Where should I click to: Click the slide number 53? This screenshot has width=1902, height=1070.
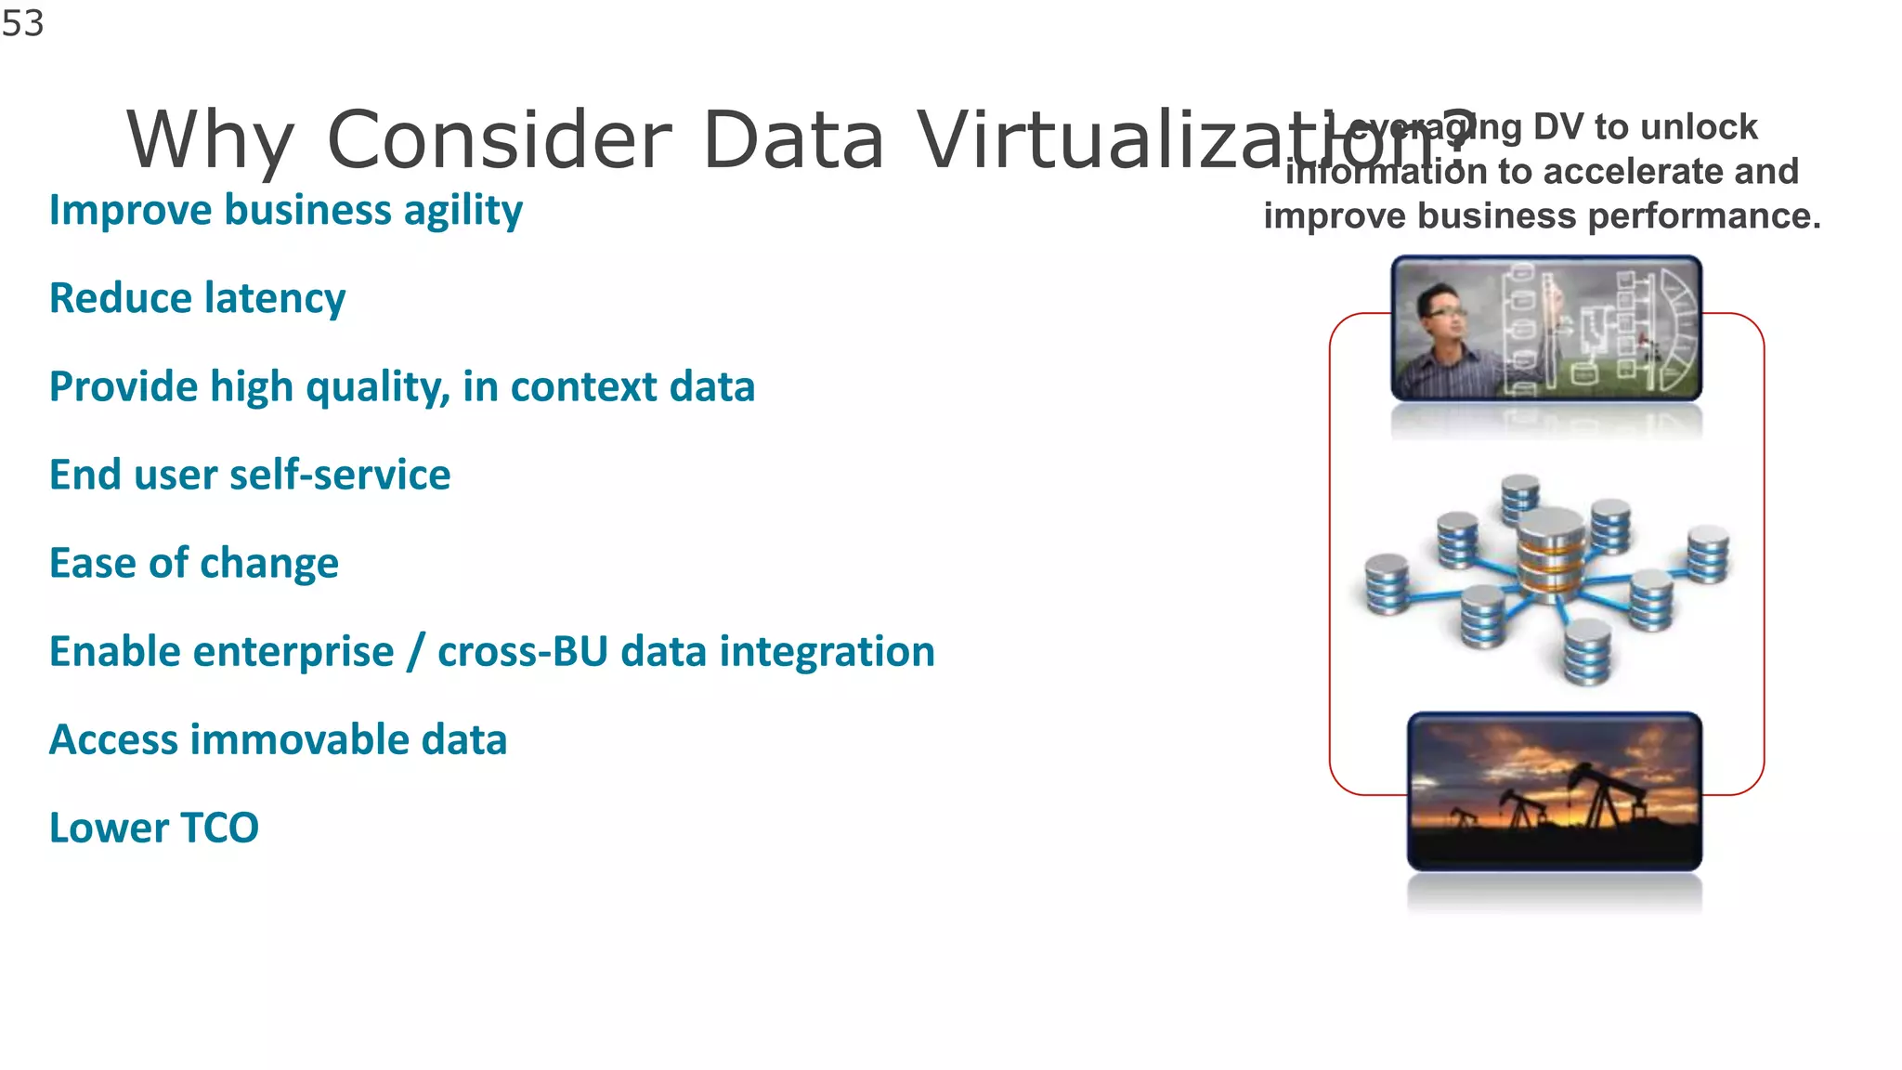(22, 23)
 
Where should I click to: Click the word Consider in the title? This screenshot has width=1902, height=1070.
(500, 140)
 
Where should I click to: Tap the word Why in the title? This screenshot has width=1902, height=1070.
(210, 140)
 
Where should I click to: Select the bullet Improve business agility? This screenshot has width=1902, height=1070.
(285, 210)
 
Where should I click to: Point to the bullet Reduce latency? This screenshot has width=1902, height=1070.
(197, 298)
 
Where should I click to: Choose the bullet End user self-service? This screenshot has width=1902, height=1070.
(250, 475)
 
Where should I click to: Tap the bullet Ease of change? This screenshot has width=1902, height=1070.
(194, 563)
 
